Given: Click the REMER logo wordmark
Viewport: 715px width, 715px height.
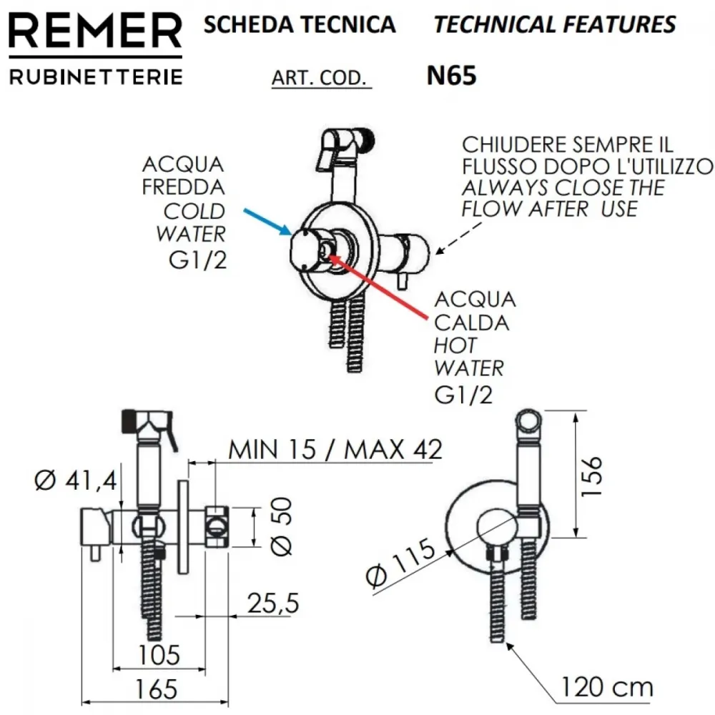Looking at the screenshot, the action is (95, 31).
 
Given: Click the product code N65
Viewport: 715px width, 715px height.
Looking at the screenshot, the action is (451, 76).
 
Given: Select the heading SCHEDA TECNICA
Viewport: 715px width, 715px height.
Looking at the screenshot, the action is (300, 24).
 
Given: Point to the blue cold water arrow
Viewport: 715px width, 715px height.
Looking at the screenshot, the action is (267, 222).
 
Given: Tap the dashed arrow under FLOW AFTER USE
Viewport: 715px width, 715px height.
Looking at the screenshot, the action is (459, 237).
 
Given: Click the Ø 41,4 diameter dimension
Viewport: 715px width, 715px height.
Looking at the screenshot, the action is (76, 480).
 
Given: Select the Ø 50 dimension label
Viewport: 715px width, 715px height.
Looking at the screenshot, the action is (281, 526).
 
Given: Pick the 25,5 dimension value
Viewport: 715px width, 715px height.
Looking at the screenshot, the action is (273, 603).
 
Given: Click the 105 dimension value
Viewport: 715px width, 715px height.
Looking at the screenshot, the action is (159, 655).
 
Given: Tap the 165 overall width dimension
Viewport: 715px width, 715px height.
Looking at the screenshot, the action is (156, 689).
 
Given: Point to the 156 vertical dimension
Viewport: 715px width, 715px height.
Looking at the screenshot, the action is (592, 475).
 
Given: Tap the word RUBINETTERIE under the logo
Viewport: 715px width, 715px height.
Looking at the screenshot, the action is (96, 77).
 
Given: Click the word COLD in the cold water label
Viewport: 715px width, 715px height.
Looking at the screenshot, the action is (194, 211).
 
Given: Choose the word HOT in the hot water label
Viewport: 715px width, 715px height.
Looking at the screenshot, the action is (455, 345).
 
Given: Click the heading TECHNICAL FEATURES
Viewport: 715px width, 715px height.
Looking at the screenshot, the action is (555, 24).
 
